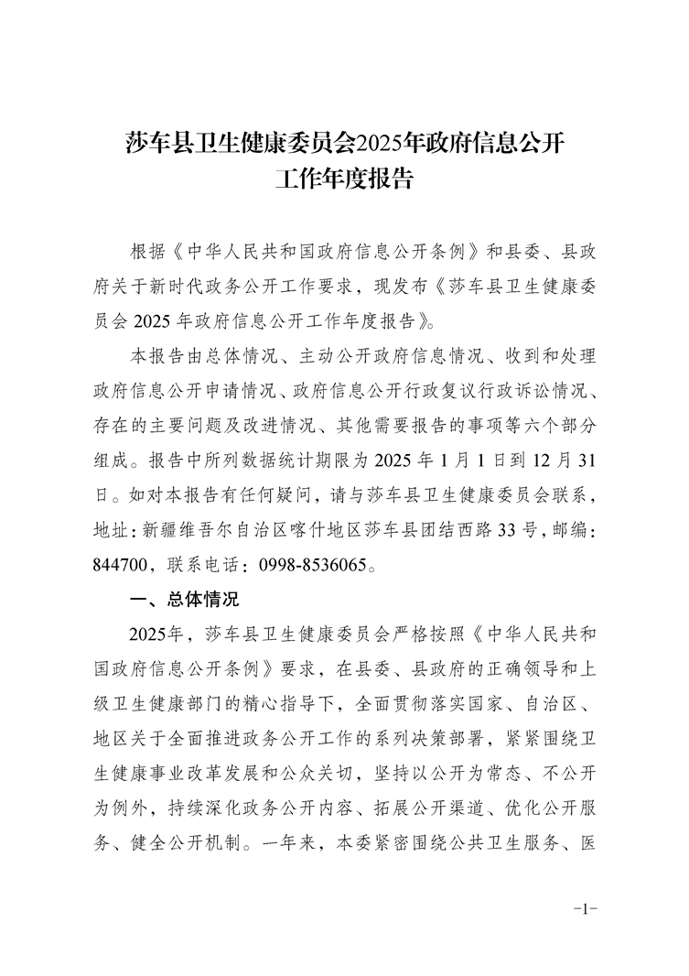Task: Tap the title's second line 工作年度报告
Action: pos(344,178)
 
